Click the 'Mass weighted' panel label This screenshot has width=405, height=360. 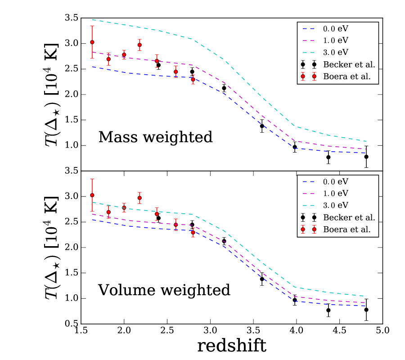point(155,137)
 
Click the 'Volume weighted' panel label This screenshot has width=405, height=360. point(164,290)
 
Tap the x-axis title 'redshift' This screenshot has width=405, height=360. point(232,346)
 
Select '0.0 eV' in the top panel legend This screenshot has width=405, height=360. point(336,28)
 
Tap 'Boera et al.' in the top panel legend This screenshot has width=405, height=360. point(349,76)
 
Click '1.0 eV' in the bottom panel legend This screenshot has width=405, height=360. point(336,193)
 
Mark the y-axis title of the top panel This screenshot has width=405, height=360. point(50,94)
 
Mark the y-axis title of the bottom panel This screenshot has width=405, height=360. point(50,247)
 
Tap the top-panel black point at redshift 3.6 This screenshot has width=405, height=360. point(262,126)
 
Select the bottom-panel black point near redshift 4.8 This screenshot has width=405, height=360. point(366,310)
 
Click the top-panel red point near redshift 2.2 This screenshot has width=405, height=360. point(139,45)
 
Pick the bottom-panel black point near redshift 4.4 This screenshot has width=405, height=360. point(328,310)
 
